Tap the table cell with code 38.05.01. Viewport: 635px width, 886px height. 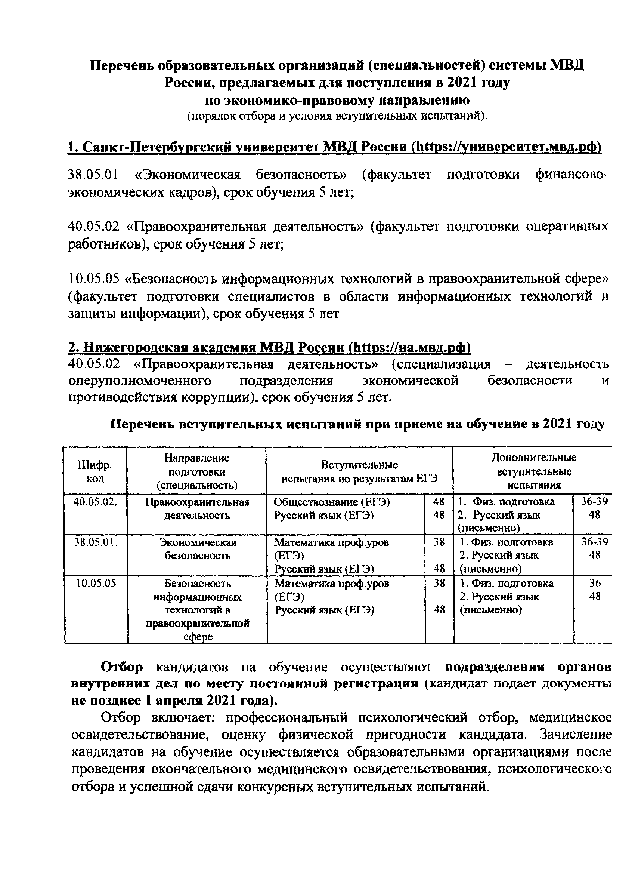95,542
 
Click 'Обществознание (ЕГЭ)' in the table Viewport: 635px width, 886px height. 332,502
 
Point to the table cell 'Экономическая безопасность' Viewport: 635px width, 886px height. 197,549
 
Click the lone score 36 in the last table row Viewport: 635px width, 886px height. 594,583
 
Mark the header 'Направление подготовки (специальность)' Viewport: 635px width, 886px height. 197,471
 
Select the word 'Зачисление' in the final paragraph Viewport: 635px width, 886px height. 576,735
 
